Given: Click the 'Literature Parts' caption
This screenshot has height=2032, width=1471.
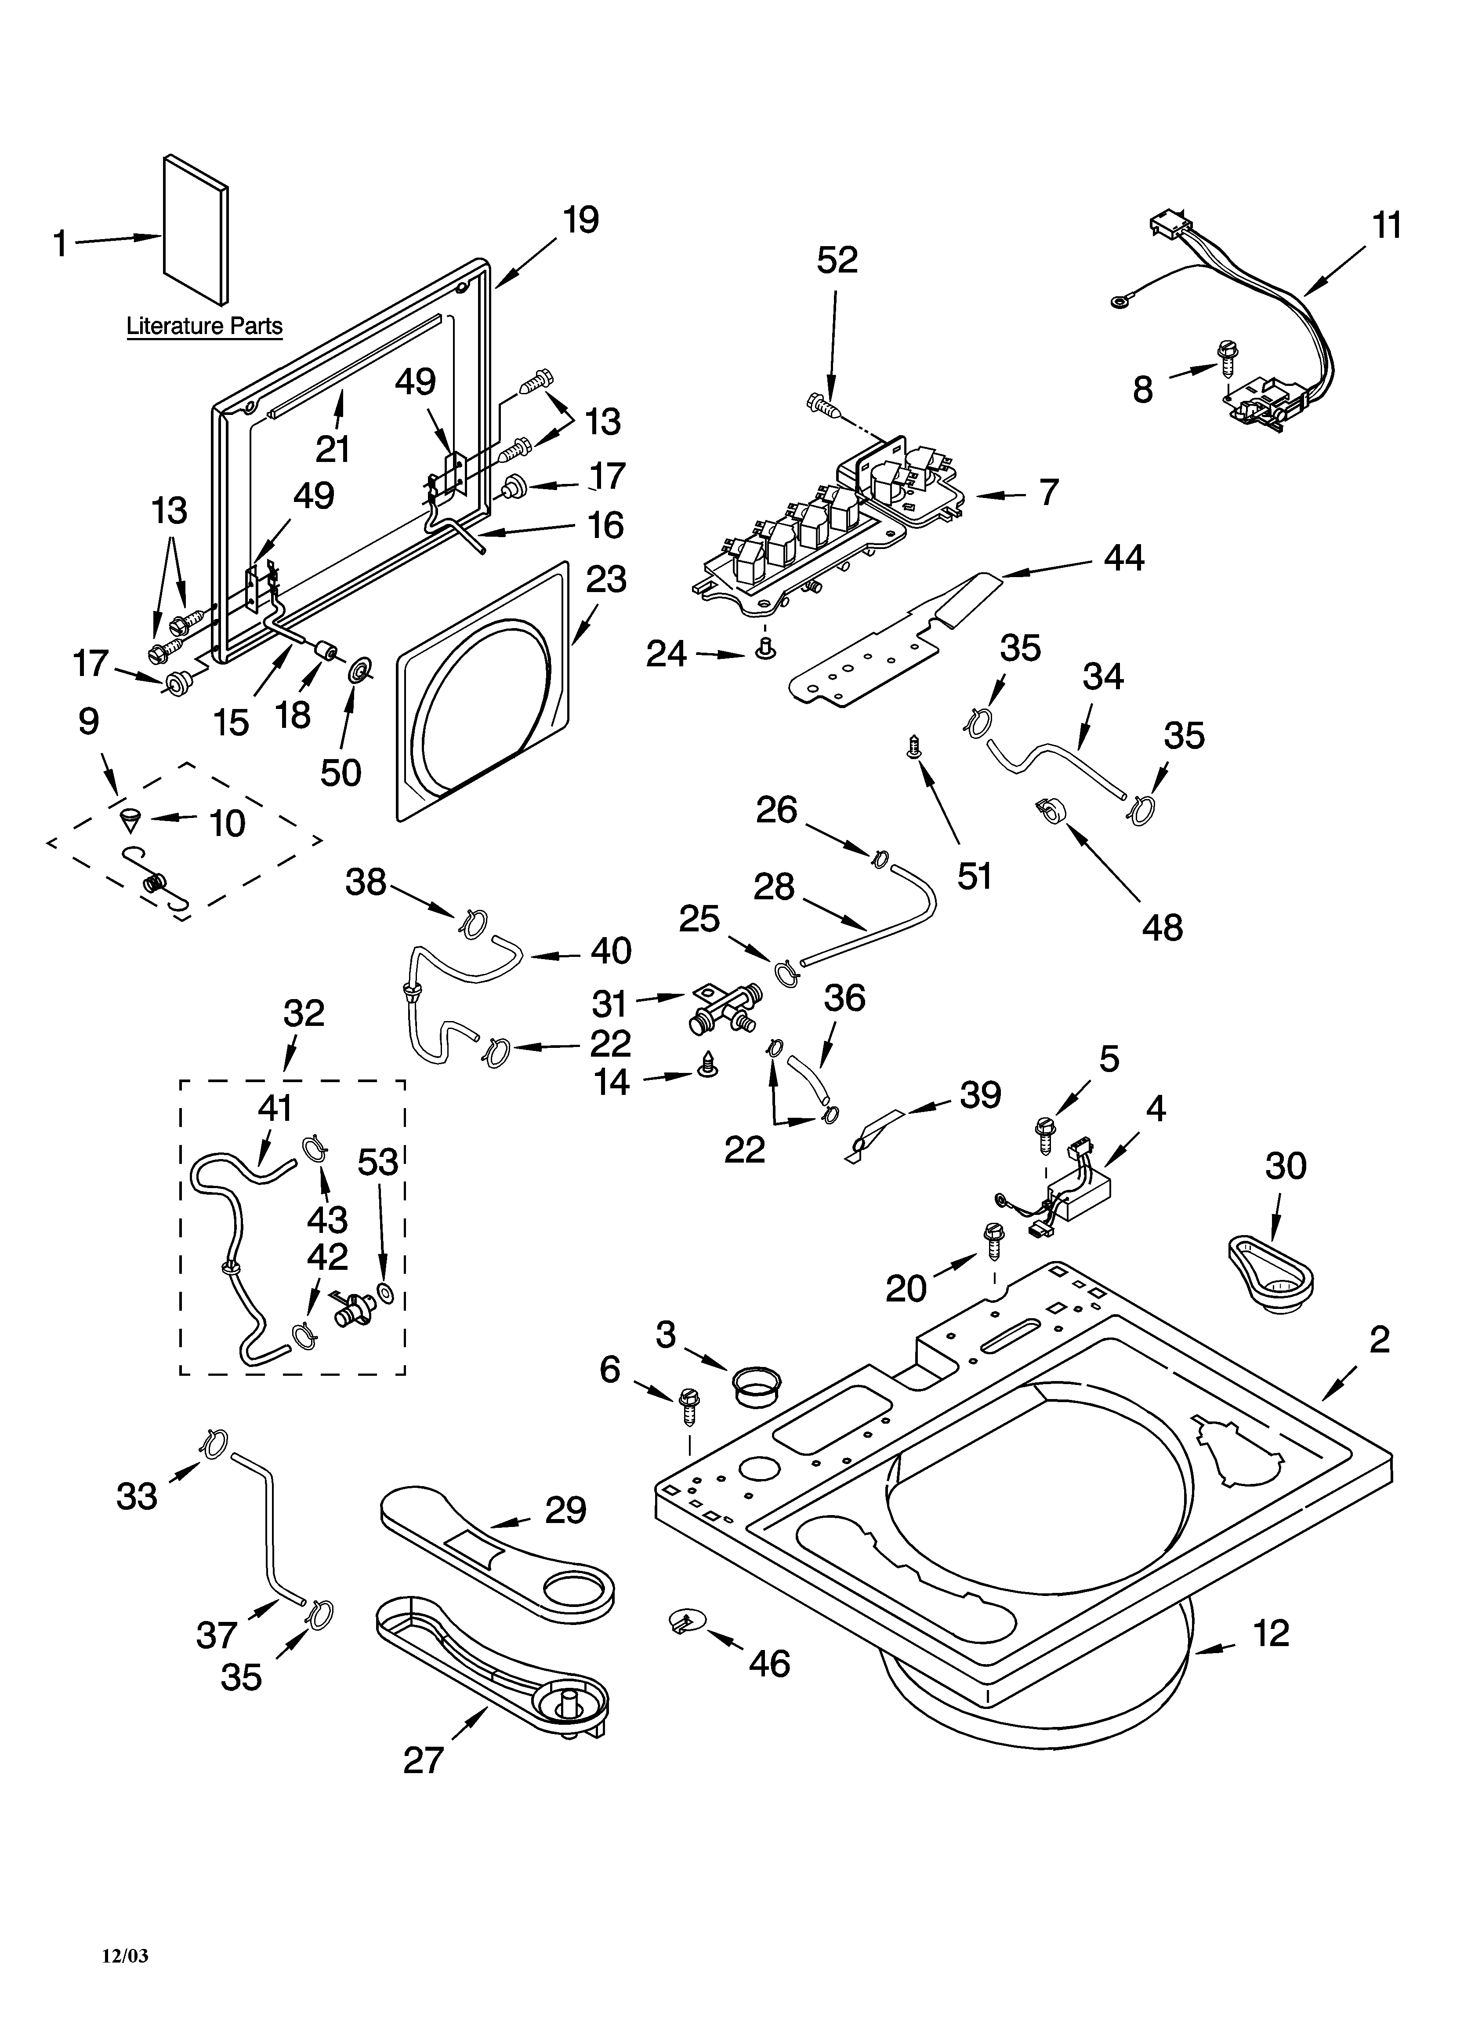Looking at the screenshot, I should click(x=204, y=326).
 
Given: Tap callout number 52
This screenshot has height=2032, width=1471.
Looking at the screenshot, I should click(x=837, y=260).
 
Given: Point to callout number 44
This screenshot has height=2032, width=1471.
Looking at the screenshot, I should click(x=1123, y=558).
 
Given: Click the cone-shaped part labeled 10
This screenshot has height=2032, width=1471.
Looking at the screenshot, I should click(x=134, y=818).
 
